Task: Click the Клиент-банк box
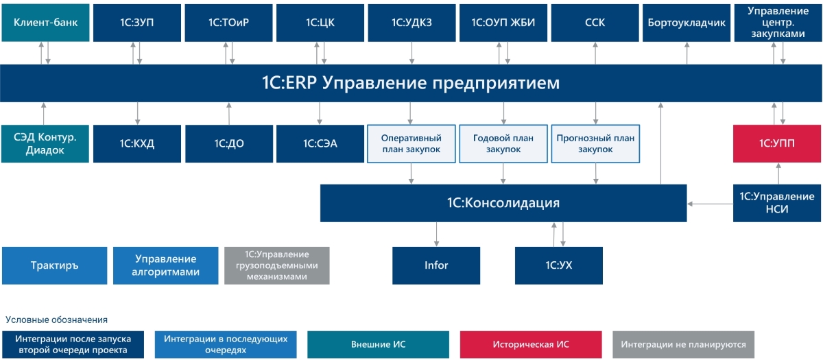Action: [45, 23]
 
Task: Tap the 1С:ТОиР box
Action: [228, 23]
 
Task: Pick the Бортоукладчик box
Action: [687, 23]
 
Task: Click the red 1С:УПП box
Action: [777, 144]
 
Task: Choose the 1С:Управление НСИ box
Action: [777, 203]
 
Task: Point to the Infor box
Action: [436, 265]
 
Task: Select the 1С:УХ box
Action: [558, 265]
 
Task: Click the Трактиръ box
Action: [55, 265]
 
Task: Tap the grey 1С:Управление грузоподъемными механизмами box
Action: [277, 265]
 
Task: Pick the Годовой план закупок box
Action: [503, 144]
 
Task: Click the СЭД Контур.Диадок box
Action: [45, 144]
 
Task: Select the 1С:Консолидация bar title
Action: [503, 203]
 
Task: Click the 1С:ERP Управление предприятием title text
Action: [410, 84]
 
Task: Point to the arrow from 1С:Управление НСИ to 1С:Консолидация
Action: [710, 203]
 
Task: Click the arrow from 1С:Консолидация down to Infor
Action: [436, 234]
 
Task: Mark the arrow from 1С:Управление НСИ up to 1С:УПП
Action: [778, 173]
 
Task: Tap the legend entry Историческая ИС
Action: [531, 344]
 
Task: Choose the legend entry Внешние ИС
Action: [379, 344]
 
